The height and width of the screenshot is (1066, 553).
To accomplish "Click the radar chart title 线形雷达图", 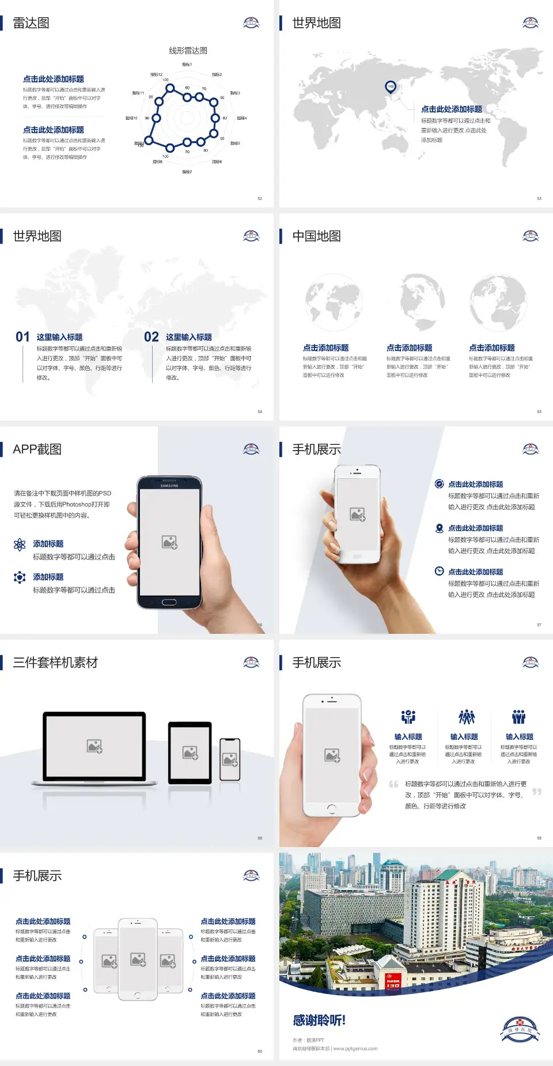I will click(188, 51).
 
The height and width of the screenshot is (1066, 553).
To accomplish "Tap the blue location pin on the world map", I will click(390, 87).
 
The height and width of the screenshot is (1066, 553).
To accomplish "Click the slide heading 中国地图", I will click(316, 236).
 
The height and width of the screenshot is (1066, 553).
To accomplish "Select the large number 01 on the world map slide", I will click(22, 337).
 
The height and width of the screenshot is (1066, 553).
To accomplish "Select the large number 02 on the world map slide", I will click(151, 337).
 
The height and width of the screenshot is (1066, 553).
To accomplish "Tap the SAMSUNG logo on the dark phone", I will click(169, 486).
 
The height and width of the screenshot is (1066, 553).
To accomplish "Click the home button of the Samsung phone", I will click(169, 602).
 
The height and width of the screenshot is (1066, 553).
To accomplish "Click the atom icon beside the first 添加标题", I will click(20, 545).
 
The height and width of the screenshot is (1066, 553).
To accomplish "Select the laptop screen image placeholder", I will click(94, 746).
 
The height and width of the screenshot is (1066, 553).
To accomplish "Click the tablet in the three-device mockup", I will click(190, 752).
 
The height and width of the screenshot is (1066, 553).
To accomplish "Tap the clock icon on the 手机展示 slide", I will click(439, 571).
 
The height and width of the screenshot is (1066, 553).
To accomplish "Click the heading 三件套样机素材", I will click(55, 663).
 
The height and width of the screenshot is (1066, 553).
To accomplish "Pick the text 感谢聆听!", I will click(319, 1020).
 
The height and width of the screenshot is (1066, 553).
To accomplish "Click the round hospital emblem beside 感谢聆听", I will click(520, 1030).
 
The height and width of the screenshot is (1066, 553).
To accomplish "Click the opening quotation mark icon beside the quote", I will click(393, 784).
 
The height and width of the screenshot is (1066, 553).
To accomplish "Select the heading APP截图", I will click(37, 449).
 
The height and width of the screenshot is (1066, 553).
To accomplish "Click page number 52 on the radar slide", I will click(260, 198).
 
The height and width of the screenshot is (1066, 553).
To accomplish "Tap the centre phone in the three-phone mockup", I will click(138, 959).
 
